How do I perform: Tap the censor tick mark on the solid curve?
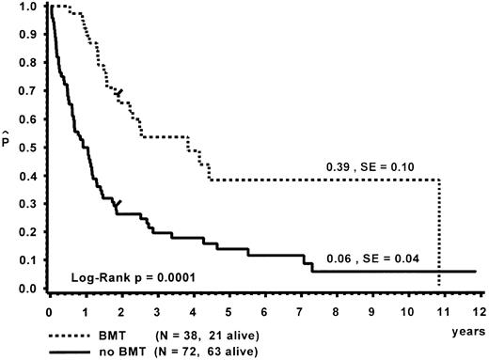(x=118, y=203)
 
